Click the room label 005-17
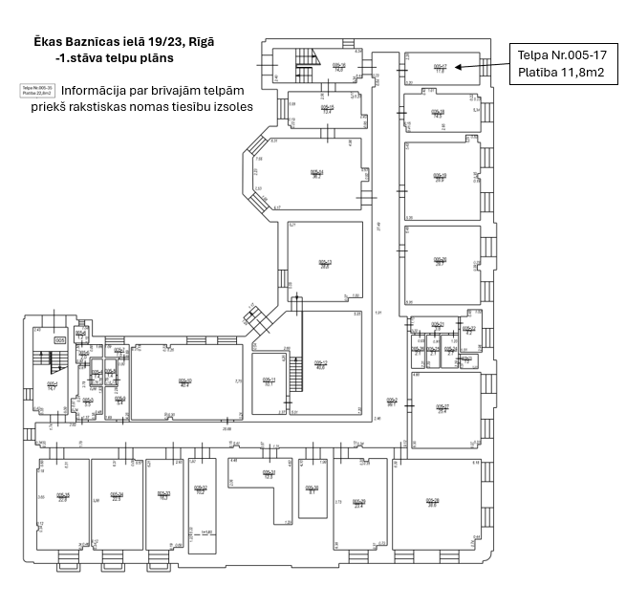pyautogui.click(x=440, y=67)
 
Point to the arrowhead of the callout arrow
pyautogui.click(x=458, y=67)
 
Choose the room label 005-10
pyautogui.click(x=185, y=381)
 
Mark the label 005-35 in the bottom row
pyautogui.click(x=63, y=496)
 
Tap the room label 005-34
pyautogui.click(x=117, y=496)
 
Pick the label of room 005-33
pyautogui.click(x=163, y=494)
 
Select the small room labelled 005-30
pyautogui.click(x=312, y=489)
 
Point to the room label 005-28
pyautogui.click(x=432, y=502)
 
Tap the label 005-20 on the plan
pyautogui.click(x=440, y=260)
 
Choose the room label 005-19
pyautogui.click(x=440, y=176)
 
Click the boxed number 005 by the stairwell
pyautogui.click(x=59, y=339)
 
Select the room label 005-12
pyautogui.click(x=321, y=364)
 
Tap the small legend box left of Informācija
pyautogui.click(x=38, y=90)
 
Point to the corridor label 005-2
pyautogui.click(x=391, y=402)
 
